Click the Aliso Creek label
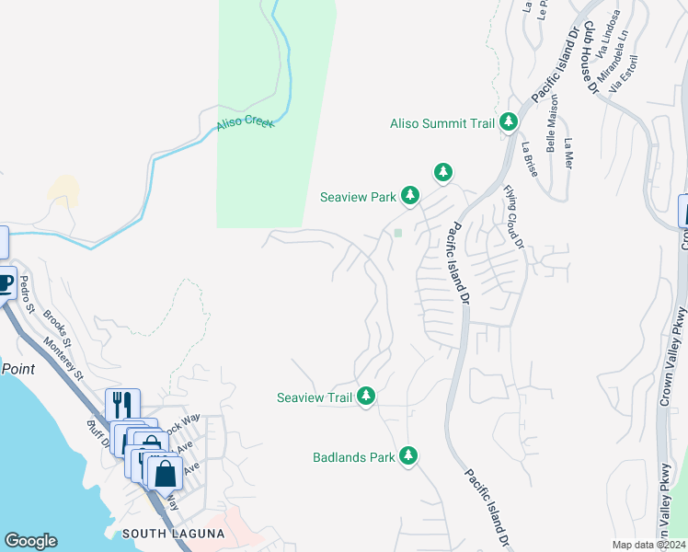(x=246, y=123)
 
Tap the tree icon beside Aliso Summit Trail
(x=508, y=122)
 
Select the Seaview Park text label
(x=358, y=197)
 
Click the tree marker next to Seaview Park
(x=410, y=196)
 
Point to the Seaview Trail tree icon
(x=366, y=397)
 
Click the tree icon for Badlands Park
(x=407, y=456)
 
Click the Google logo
(x=31, y=541)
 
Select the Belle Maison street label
(x=552, y=129)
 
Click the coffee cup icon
(x=5, y=282)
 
